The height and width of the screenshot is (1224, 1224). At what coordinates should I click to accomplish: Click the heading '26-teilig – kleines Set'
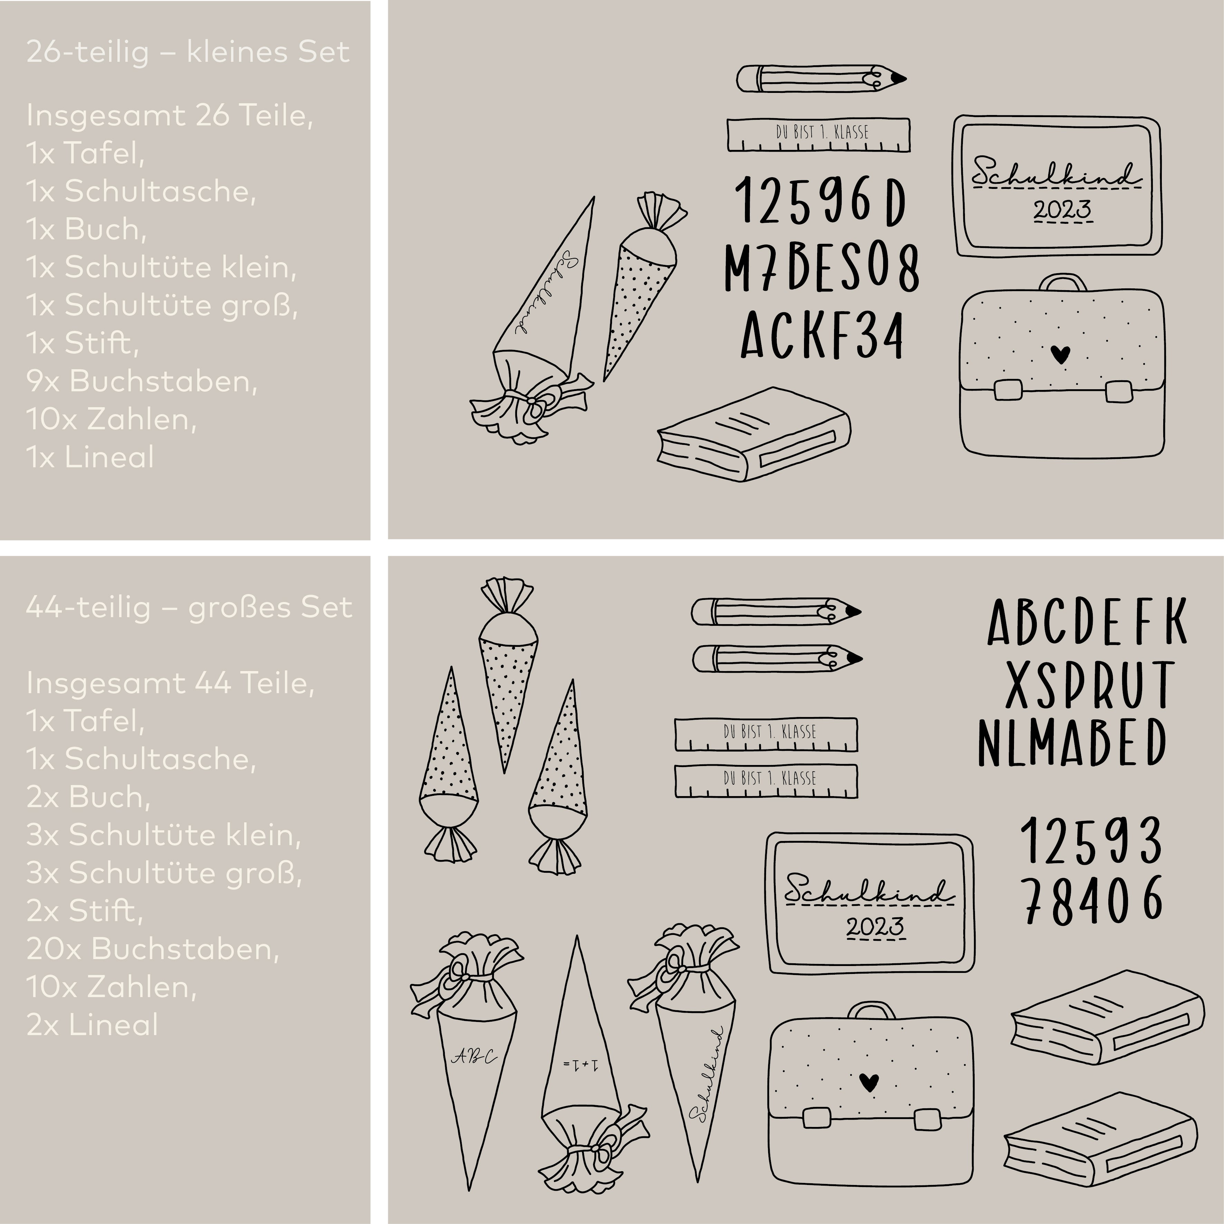[x=188, y=52]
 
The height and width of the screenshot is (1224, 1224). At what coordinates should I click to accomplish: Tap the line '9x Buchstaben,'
[x=142, y=381]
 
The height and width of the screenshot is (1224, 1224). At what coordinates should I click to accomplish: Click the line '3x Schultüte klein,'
[x=163, y=835]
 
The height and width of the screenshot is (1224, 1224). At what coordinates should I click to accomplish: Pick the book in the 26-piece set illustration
[x=754, y=434]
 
